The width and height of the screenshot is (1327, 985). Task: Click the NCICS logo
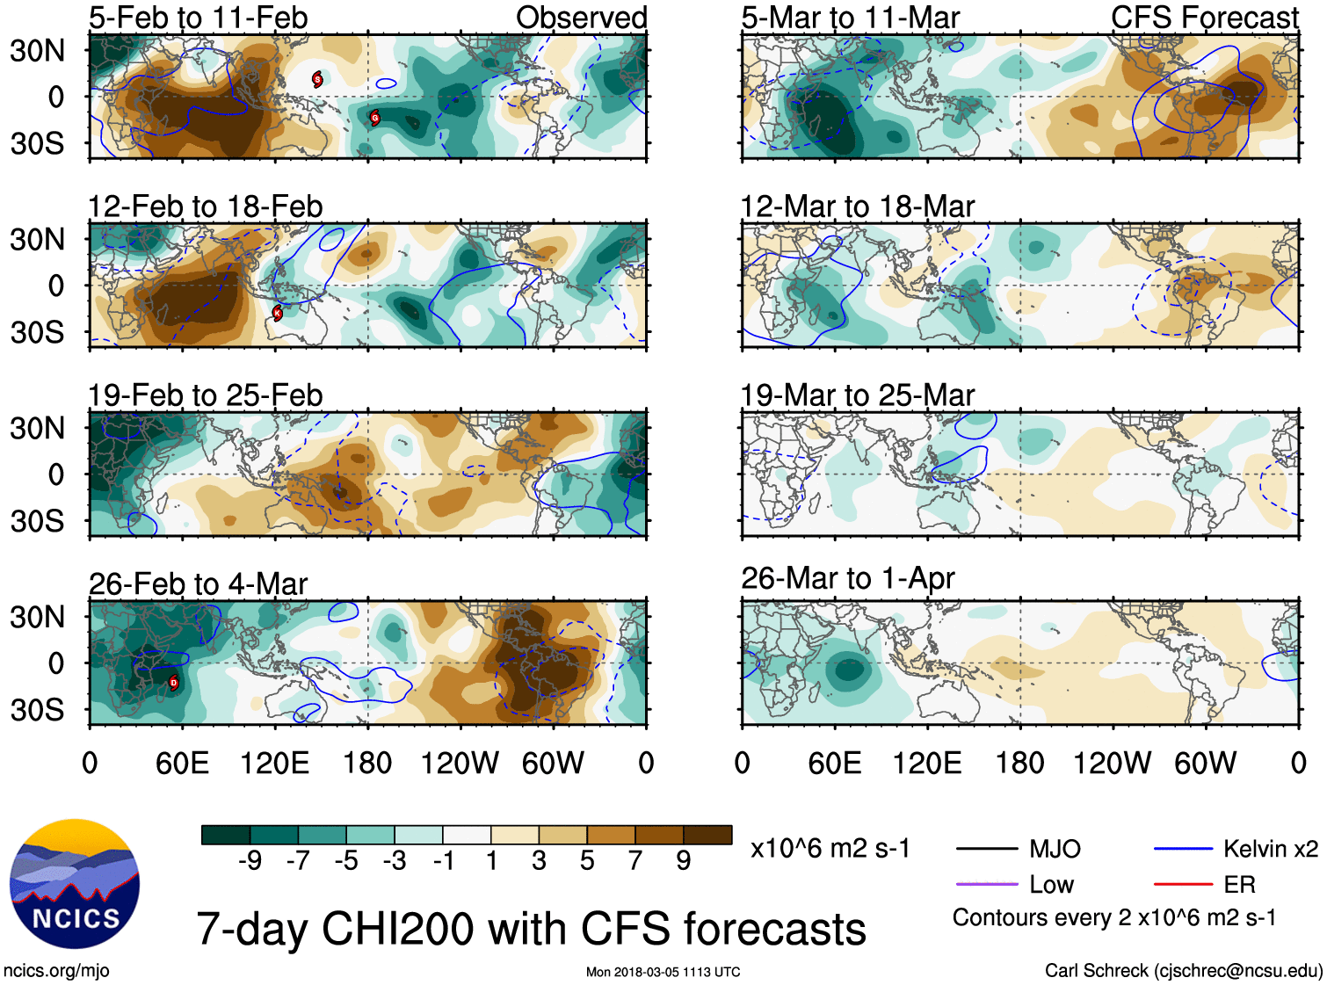click(x=75, y=884)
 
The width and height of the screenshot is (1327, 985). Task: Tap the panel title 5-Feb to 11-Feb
click(x=198, y=18)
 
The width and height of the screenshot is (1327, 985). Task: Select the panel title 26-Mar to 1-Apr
click(x=847, y=578)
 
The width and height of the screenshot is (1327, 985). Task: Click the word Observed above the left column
click(x=581, y=18)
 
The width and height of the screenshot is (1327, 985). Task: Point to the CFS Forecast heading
click(x=1204, y=18)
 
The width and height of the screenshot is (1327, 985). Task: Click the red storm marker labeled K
click(x=278, y=313)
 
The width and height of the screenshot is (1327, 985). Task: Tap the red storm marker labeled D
click(x=173, y=683)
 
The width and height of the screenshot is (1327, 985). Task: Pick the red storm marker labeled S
click(x=317, y=80)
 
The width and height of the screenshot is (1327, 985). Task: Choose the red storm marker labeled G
click(x=374, y=118)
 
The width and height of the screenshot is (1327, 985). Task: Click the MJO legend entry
click(x=1055, y=849)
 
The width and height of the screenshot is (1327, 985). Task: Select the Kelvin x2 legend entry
click(x=1270, y=849)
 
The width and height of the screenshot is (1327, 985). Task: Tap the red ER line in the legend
click(x=1183, y=884)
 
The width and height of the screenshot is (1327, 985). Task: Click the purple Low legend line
click(x=986, y=884)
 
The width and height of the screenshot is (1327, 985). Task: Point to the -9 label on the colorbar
click(x=250, y=861)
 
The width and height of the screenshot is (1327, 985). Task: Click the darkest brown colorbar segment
click(x=707, y=835)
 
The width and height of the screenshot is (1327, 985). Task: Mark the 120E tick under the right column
click(x=927, y=763)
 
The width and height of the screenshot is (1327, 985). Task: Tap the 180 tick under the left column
click(x=367, y=763)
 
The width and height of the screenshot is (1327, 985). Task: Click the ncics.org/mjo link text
click(x=56, y=970)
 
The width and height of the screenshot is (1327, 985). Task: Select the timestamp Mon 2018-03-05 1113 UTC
click(x=663, y=972)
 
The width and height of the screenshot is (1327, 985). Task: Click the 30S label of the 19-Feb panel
click(x=37, y=521)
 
